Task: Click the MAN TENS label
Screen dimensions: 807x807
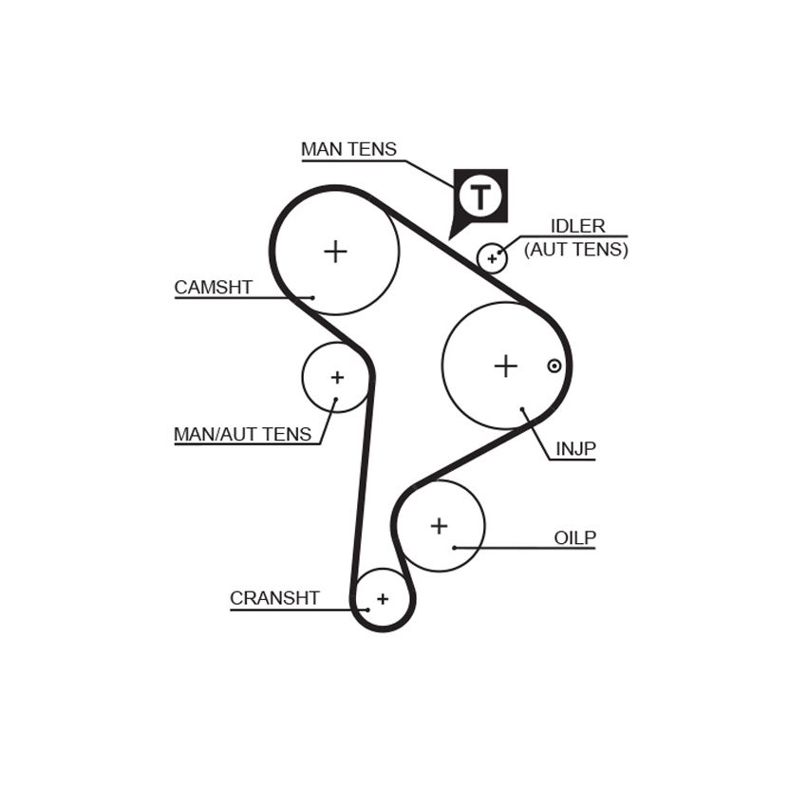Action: tap(348, 149)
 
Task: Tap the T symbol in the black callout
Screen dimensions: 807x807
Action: tap(480, 197)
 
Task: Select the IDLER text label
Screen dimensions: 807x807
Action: tap(577, 226)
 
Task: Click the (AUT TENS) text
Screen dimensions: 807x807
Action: tap(576, 250)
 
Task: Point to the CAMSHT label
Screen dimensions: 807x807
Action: tap(213, 287)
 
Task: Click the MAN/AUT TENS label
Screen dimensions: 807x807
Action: tap(242, 435)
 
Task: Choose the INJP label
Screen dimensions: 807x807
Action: tap(576, 449)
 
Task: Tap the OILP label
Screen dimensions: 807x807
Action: tap(575, 537)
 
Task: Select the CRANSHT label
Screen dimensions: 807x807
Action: tap(274, 598)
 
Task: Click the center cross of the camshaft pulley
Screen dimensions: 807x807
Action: tap(335, 252)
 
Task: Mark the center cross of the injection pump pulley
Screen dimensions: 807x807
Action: tap(505, 366)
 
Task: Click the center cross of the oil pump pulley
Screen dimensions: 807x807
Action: tap(439, 526)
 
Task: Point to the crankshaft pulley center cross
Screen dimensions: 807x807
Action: tap(383, 599)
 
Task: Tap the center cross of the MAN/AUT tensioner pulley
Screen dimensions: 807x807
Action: tap(337, 378)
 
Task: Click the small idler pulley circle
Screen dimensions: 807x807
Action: tap(492, 243)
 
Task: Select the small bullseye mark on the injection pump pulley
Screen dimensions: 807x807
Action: tap(554, 366)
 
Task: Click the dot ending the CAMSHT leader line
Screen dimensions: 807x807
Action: tap(312, 297)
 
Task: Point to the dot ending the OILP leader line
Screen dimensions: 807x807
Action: tap(454, 548)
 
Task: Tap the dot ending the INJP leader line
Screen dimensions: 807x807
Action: tap(522, 410)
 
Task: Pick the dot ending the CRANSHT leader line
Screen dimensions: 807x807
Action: tap(367, 610)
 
